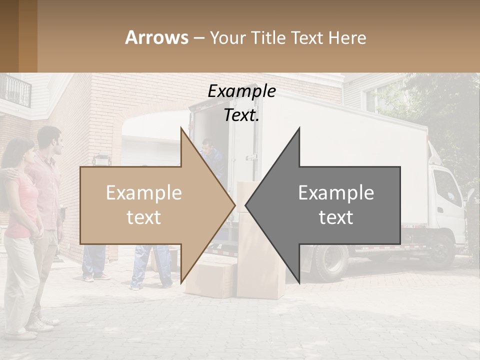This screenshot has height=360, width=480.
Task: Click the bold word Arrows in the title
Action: click(x=156, y=37)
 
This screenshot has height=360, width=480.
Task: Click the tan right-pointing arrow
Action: click(x=150, y=205)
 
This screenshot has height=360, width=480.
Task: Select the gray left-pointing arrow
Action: click(x=335, y=205)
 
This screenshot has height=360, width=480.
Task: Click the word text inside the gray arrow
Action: click(x=336, y=217)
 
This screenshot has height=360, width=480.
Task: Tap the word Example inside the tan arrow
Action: click(x=144, y=193)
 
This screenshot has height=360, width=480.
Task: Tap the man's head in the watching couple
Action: click(x=50, y=140)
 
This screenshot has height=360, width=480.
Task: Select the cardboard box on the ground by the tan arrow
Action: click(x=210, y=280)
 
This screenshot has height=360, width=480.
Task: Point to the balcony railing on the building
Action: click(x=15, y=90)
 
